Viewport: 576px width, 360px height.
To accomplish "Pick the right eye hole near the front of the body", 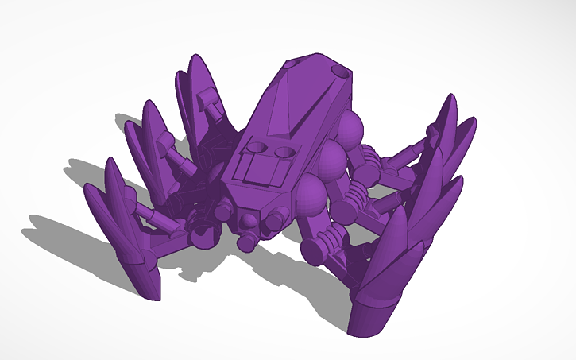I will [284, 152].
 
